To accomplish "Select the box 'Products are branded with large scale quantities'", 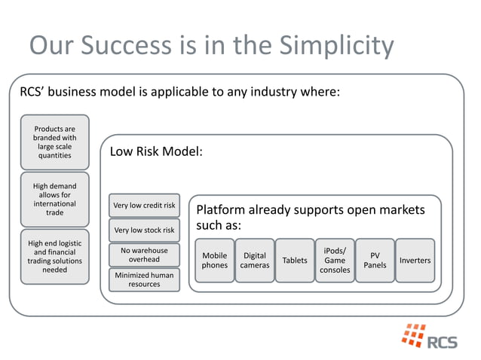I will tap(54, 142).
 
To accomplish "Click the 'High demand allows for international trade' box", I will tap(54, 199).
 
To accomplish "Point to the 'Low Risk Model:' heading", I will tap(156, 151).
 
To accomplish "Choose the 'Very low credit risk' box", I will tap(144, 205).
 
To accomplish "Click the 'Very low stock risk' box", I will tap(144, 230).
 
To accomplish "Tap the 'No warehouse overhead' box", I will tap(144, 255).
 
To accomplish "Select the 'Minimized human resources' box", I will tap(144, 279).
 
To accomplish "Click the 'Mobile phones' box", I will tap(215, 261).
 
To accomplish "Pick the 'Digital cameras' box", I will tap(255, 261).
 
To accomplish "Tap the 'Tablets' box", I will tap(295, 261).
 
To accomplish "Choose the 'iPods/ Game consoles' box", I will tap(335, 261).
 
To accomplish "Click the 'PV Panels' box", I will tap(375, 261).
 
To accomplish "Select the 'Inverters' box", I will tap(415, 261).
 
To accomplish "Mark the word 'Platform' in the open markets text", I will tap(222, 209).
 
